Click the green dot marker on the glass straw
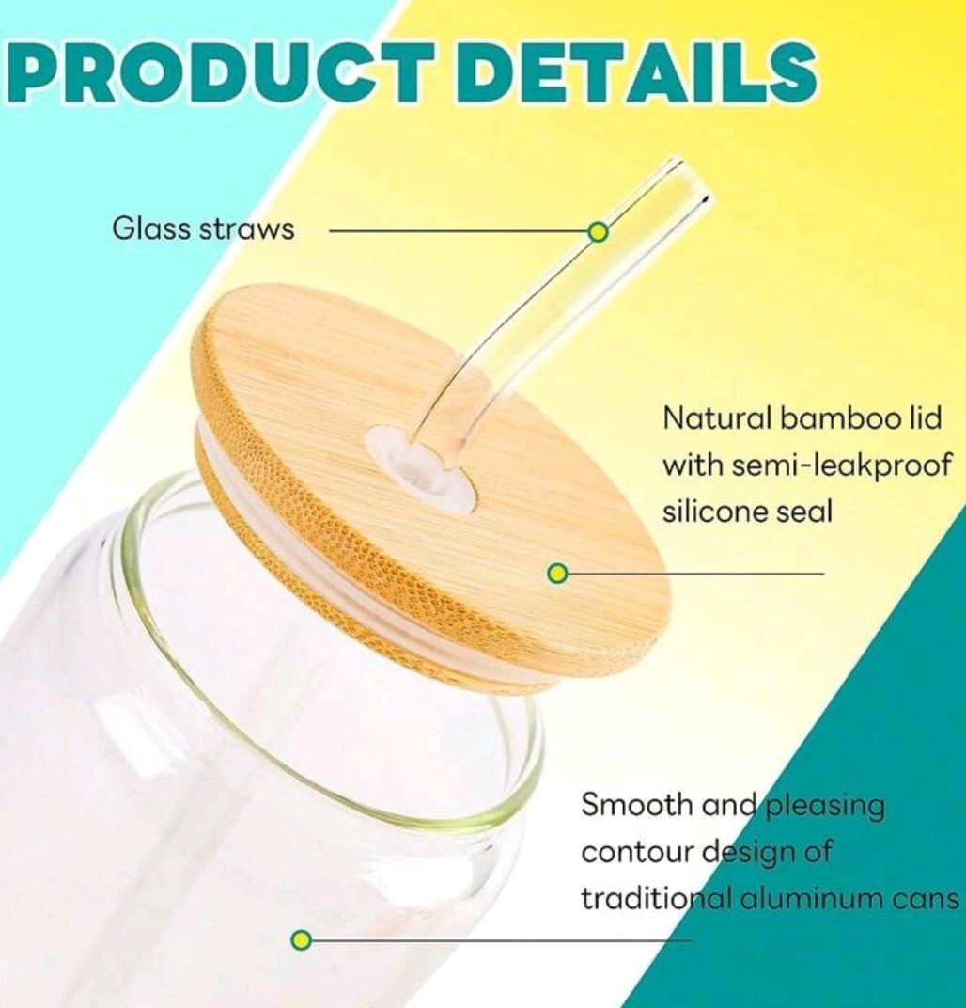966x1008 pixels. pyautogui.click(x=598, y=231)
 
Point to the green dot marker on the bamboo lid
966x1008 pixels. pyautogui.click(x=557, y=573)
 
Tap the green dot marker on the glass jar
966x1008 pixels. pyautogui.click(x=301, y=940)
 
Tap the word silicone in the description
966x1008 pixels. pyautogui.click(x=707, y=512)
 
